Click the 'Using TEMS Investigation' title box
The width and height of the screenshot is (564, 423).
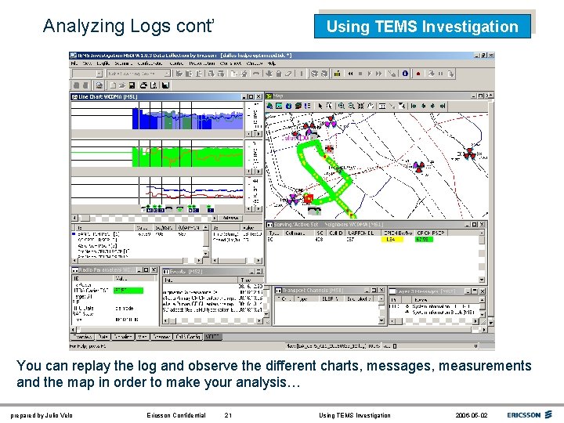(x=422, y=27)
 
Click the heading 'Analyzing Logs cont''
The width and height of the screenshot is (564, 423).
(x=128, y=26)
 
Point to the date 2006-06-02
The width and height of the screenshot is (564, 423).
(x=470, y=415)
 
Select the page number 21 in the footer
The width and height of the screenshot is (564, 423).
(x=228, y=415)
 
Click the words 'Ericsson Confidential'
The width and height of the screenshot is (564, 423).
(x=176, y=415)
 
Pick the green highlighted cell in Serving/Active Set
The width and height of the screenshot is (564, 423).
(x=423, y=240)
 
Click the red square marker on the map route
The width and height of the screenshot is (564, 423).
(x=309, y=198)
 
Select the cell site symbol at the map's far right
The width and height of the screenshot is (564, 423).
(x=470, y=154)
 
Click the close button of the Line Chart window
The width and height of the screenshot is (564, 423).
(x=260, y=97)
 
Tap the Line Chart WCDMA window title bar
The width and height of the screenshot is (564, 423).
(x=157, y=97)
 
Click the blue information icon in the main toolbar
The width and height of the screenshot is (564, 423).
(x=405, y=74)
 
